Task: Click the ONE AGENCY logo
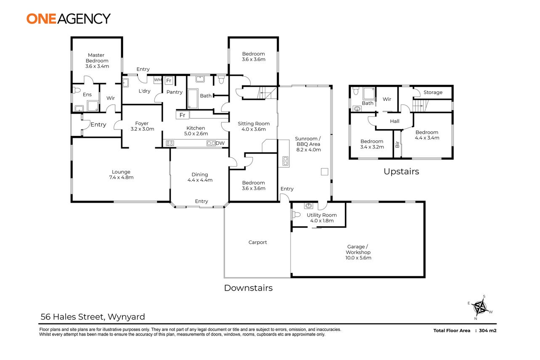69,19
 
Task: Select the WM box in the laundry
158,79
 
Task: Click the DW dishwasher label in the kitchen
220,143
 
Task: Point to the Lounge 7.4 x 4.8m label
121,175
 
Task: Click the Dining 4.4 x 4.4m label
200,177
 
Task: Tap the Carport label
257,242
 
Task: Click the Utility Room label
322,218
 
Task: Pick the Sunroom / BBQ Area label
308,144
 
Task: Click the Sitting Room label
254,126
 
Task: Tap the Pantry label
175,92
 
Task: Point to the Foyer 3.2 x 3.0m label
139,126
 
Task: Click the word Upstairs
401,172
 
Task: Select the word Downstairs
248,288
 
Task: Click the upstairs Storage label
433,93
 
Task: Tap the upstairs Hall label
394,121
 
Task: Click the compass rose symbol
480,307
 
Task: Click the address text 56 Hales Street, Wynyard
93,317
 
